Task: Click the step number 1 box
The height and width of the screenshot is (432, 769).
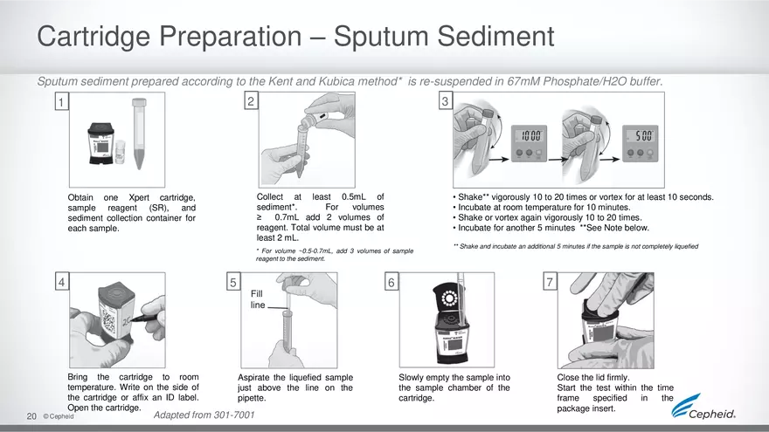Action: tap(61, 103)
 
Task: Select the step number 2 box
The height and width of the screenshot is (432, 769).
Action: tap(251, 101)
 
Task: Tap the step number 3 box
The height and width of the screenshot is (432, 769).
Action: tap(445, 102)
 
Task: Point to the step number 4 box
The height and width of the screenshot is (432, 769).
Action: tap(61, 282)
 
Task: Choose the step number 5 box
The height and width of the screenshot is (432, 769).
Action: tap(233, 282)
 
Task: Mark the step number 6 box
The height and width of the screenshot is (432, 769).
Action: tap(391, 282)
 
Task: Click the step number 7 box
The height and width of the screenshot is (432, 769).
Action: tap(549, 282)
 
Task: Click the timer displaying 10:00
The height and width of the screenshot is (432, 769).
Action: tap(529, 142)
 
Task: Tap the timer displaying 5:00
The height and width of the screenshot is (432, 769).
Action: tap(643, 142)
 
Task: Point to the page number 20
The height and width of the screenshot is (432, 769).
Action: tap(31, 416)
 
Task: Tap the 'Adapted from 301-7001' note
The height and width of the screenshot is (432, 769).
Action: tap(204, 415)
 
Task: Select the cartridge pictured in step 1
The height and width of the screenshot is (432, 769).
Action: tap(101, 142)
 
